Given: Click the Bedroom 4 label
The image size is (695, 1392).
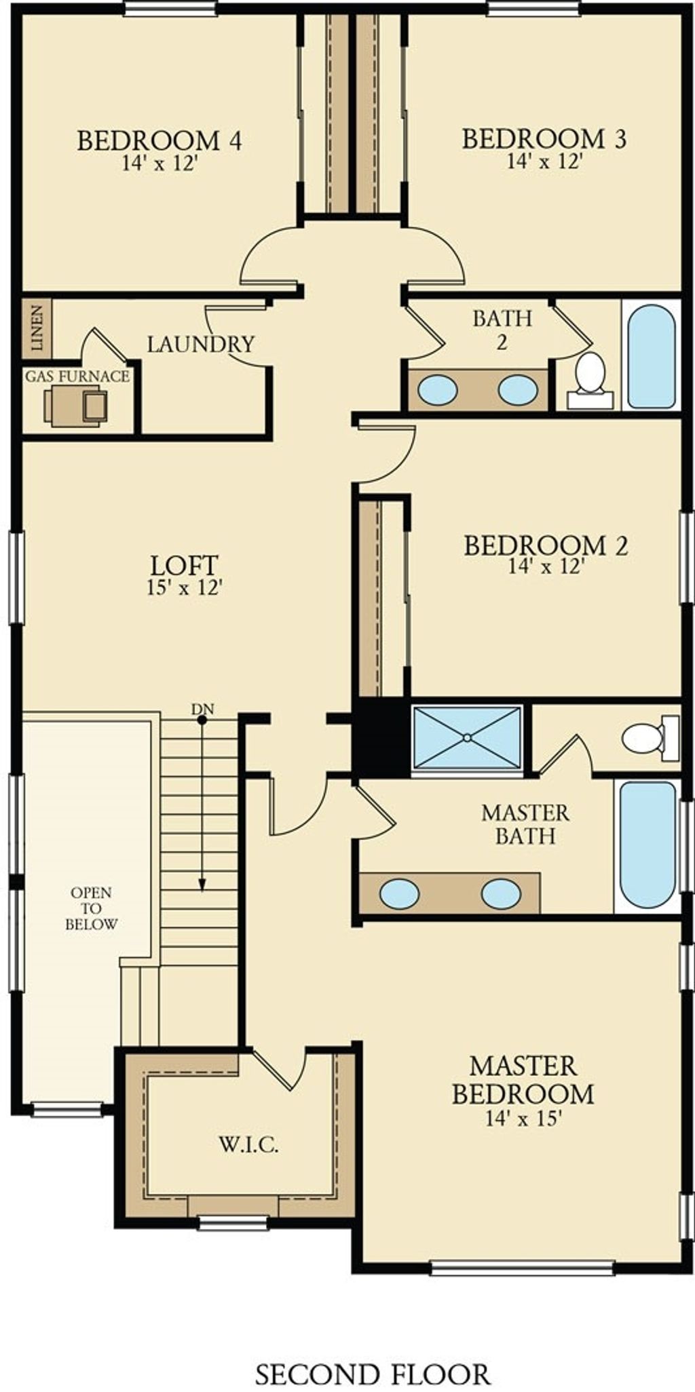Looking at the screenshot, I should pyautogui.click(x=159, y=140).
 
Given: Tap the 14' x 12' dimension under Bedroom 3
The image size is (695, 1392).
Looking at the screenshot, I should pyautogui.click(x=546, y=161).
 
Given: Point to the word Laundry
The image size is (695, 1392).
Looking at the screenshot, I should pyautogui.click(x=201, y=344).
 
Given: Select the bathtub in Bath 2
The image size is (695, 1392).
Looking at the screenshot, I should pyautogui.click(x=652, y=356).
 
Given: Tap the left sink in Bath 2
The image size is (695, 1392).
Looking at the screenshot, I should pyautogui.click(x=437, y=390).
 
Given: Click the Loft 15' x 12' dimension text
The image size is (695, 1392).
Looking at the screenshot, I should pyautogui.click(x=185, y=587).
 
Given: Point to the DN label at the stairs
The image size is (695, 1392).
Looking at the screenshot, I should pyautogui.click(x=202, y=710).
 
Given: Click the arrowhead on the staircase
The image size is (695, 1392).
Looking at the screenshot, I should pyautogui.click(x=202, y=884).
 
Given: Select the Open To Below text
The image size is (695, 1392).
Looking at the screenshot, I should pyautogui.click(x=92, y=908).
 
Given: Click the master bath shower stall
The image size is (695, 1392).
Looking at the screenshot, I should pyautogui.click(x=467, y=737).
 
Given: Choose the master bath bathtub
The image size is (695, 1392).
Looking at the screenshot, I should pyautogui.click(x=648, y=845).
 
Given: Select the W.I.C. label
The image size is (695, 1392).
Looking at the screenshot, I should pyautogui.click(x=248, y=1145).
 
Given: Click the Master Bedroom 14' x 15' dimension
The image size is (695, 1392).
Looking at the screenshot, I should pyautogui.click(x=523, y=1118).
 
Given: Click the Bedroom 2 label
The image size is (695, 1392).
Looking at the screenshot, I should pyautogui.click(x=546, y=545).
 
